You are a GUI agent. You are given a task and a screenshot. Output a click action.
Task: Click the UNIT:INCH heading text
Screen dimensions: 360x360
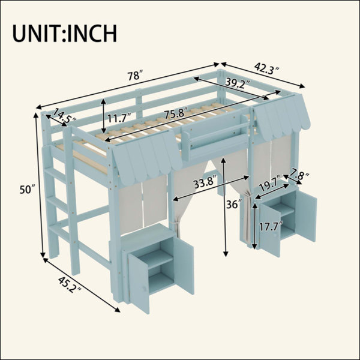click(x=65, y=34)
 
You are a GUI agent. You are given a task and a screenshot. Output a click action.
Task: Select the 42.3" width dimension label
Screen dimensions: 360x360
click(x=267, y=68)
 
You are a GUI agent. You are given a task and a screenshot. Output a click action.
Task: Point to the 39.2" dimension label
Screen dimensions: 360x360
click(x=238, y=82)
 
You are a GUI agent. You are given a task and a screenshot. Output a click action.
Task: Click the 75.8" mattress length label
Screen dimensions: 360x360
click(x=176, y=113)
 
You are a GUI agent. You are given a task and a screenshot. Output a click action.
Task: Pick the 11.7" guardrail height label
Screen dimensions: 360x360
click(x=119, y=118)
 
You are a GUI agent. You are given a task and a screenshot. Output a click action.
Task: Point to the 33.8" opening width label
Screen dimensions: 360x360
click(x=205, y=181)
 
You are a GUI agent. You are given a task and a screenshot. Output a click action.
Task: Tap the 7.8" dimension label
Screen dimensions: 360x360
click(x=299, y=174)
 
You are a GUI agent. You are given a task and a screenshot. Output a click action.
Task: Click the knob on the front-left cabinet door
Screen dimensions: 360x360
click(x=145, y=288)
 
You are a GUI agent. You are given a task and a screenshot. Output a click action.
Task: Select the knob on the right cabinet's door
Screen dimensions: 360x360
click(x=275, y=235)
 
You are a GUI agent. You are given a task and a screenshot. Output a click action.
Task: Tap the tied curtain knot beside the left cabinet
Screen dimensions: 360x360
click(x=176, y=223)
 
